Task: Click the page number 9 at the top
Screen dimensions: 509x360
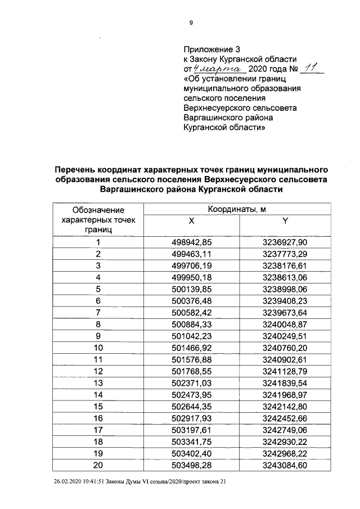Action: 191,22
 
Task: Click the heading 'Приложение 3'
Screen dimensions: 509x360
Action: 209,49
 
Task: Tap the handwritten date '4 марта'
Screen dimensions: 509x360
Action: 218,69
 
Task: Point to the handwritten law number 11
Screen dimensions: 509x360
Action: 310,68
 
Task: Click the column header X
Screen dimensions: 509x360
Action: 192,222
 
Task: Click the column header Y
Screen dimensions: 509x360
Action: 285,222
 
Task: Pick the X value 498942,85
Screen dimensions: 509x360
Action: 192,242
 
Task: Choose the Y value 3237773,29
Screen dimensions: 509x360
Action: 285,254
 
